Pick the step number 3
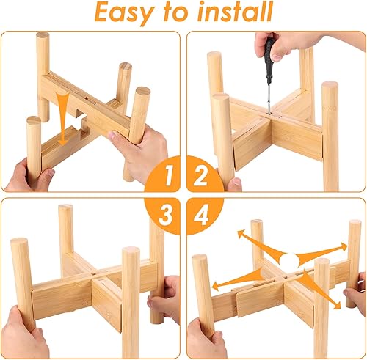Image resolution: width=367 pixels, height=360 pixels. (168, 214)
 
